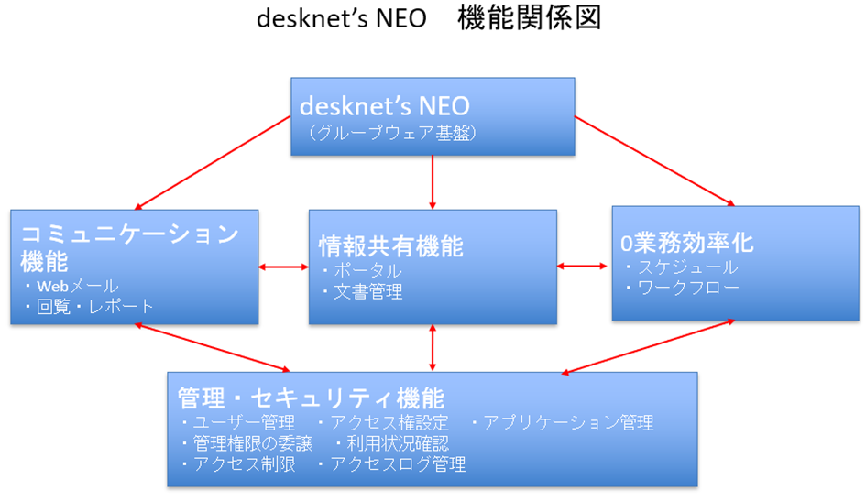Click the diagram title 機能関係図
529,20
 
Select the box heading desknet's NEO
384,104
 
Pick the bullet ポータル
366,271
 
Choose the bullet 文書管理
366,292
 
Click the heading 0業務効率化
687,244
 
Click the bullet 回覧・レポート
93,306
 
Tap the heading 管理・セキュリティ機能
311,398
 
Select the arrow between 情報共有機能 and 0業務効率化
584,267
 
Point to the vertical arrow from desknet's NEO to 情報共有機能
433,182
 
